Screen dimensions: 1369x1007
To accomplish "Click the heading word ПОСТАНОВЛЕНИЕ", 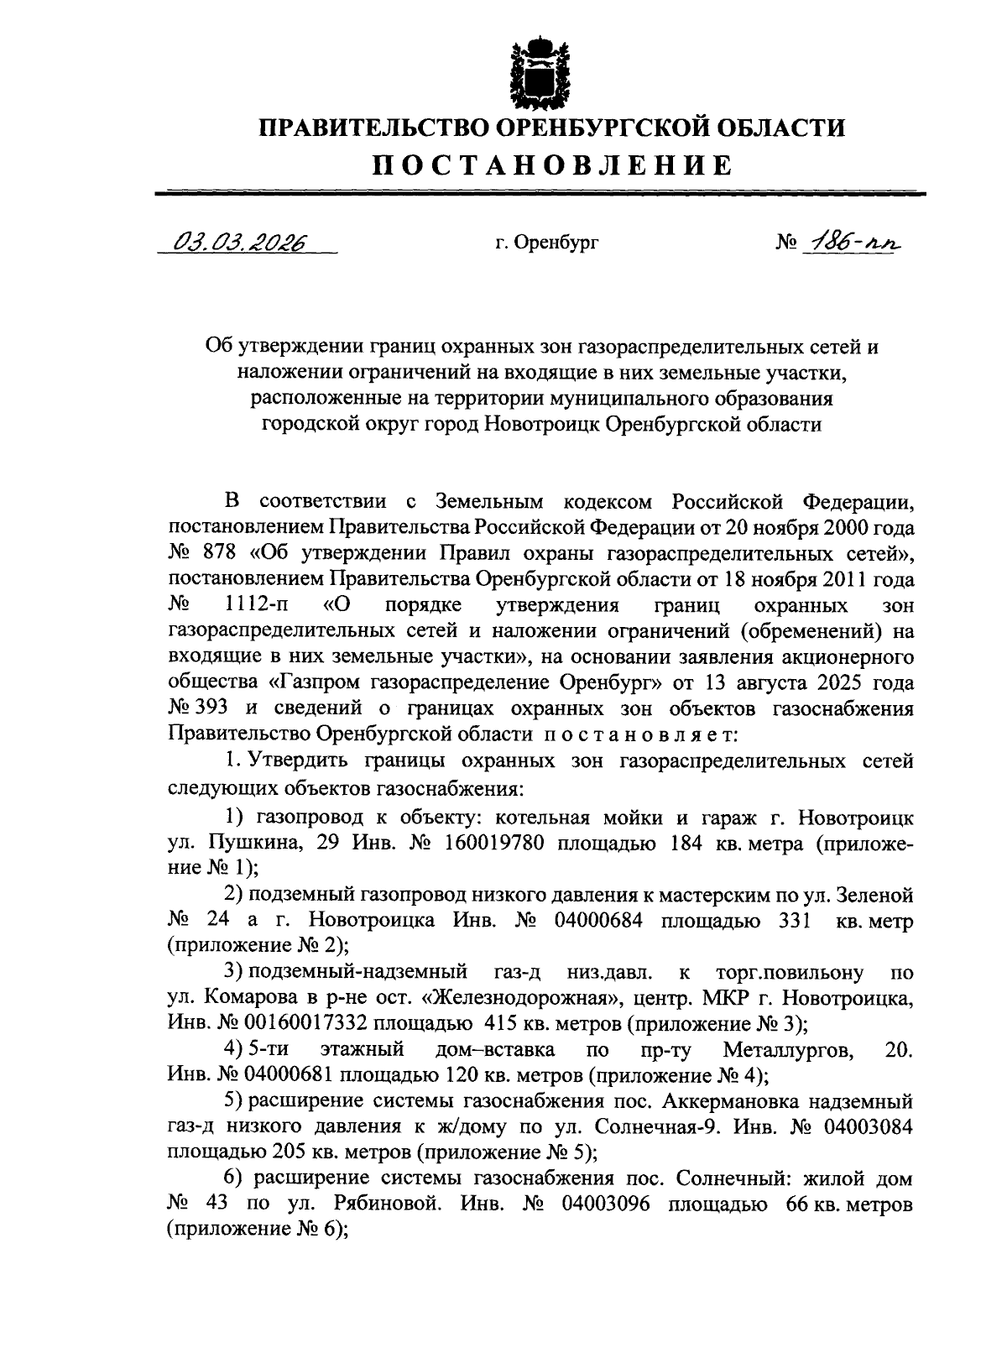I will (551, 165).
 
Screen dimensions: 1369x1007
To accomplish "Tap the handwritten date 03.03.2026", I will (239, 243).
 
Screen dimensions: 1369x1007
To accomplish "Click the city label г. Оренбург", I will (545, 244).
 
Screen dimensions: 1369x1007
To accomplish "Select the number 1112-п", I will (260, 604).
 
